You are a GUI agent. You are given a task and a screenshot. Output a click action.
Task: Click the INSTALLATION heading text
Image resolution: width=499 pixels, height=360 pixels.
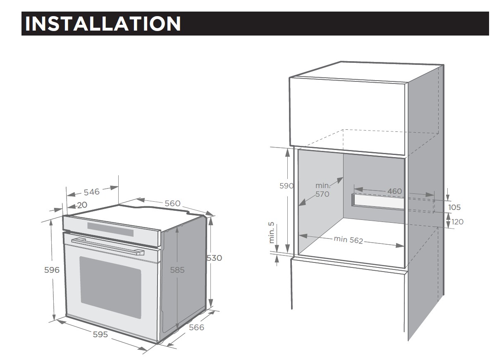[x=103, y=24]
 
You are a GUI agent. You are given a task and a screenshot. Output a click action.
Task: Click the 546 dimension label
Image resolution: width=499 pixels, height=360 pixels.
[x=91, y=192]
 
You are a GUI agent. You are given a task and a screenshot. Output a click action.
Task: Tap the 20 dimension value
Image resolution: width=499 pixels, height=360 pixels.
[x=82, y=205]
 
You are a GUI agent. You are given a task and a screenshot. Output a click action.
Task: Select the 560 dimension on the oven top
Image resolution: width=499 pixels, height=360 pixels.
[x=172, y=203]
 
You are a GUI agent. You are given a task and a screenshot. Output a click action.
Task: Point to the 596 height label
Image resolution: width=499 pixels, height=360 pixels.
[x=52, y=270]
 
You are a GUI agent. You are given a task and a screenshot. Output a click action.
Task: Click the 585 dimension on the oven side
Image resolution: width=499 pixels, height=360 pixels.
[x=177, y=270]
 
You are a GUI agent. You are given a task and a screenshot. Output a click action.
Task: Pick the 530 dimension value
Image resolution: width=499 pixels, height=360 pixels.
[x=215, y=258]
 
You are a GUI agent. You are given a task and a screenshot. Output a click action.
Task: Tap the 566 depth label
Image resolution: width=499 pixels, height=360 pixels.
[x=196, y=327]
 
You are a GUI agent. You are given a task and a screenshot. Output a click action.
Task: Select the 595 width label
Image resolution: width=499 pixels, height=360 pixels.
[x=100, y=334]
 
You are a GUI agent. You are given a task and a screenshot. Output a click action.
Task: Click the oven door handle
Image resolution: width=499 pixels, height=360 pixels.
[x=108, y=246]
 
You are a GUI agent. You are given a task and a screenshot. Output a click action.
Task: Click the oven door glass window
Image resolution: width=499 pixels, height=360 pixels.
[x=110, y=287]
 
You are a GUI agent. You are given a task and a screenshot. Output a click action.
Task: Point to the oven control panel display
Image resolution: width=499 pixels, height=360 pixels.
[x=110, y=229]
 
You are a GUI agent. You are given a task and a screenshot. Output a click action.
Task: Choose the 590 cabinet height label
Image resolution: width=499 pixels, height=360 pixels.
[x=287, y=186]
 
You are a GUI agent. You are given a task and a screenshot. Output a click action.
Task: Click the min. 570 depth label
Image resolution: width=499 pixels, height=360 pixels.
[x=322, y=190]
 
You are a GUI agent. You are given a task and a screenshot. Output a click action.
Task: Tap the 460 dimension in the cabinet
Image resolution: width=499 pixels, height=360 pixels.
[x=395, y=191]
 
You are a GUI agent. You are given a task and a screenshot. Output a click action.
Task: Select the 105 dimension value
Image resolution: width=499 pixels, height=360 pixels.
[x=454, y=207]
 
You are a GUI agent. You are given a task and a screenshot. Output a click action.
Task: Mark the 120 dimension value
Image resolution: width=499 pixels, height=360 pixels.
[x=458, y=222]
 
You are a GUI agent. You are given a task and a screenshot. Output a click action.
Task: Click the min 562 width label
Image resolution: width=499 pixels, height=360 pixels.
[x=349, y=239]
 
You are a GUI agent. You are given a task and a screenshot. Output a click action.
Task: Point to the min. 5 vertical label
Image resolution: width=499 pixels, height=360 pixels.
[x=271, y=233]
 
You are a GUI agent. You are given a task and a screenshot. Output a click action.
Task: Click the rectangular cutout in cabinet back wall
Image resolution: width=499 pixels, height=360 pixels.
[x=378, y=202]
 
